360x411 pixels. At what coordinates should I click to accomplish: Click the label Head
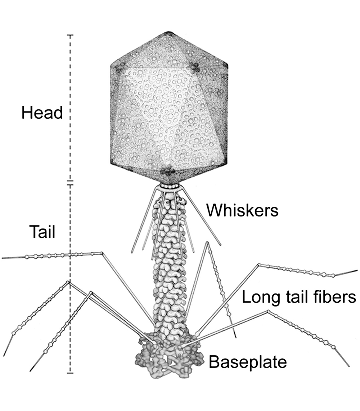42,113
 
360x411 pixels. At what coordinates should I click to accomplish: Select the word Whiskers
242,210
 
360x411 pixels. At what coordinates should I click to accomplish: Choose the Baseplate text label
248,362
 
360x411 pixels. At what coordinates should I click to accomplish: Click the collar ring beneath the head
169,186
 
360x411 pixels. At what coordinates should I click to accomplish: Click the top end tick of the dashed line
70,35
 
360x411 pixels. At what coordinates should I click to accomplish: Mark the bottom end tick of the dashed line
70,373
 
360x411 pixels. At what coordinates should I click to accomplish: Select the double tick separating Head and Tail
70,183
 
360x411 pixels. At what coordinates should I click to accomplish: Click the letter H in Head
27,113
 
